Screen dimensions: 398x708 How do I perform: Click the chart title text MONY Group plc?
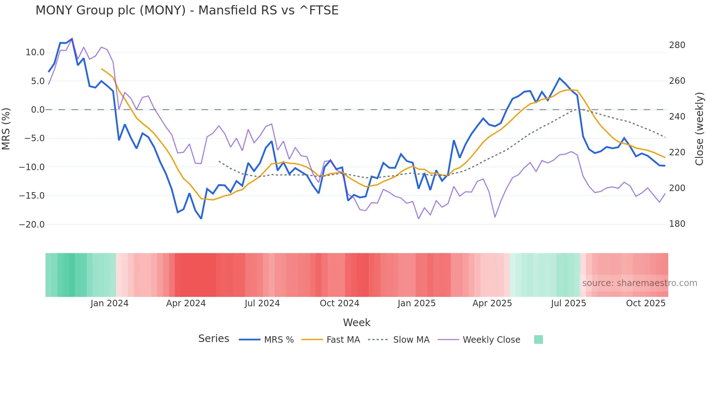tap(187, 10)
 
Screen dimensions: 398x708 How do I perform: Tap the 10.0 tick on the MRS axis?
tap(35, 52)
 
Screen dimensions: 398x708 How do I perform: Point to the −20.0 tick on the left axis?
tap(32, 224)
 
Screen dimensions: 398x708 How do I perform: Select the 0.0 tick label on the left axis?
tap(38, 110)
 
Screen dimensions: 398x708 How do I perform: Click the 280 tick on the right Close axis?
tap(677, 45)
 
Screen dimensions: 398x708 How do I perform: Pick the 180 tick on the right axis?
tap(677, 224)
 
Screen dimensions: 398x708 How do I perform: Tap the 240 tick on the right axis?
tap(677, 117)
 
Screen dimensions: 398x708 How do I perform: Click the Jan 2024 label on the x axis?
tap(109, 303)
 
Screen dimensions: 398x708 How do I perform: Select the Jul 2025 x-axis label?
tap(568, 303)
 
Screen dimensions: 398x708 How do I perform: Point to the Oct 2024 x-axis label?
tap(340, 303)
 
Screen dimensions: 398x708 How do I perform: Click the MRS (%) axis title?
tap(6, 129)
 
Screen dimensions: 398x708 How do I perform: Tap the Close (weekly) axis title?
tap(700, 129)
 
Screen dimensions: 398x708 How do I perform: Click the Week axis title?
tap(357, 323)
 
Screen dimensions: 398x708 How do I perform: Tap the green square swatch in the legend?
tap(538, 339)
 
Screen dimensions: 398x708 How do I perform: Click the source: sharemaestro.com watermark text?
tap(639, 283)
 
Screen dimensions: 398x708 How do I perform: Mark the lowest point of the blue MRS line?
tap(201, 219)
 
